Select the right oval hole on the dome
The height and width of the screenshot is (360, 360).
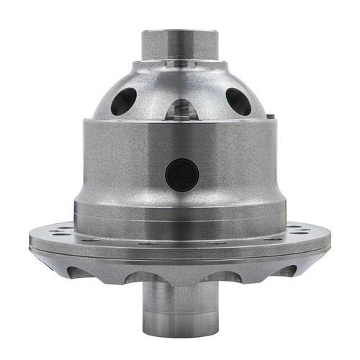(x=238, y=101)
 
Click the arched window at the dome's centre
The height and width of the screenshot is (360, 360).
(x=180, y=109)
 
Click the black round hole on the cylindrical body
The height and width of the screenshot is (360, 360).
(x=181, y=174)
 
